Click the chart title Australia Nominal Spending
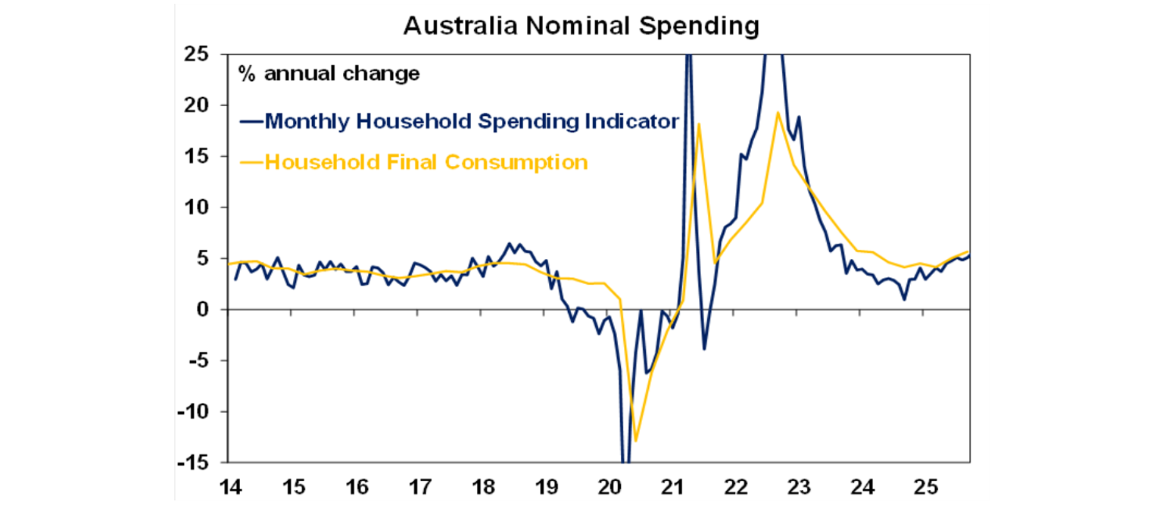pos(581,26)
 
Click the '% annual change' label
pos(329,74)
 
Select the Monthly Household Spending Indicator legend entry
pos(460,121)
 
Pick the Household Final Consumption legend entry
pos(413,162)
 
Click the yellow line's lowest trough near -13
pos(636,441)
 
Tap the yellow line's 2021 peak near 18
pos(698,123)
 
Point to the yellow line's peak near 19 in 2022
pos(778,113)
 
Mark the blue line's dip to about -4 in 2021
pos(703,349)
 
